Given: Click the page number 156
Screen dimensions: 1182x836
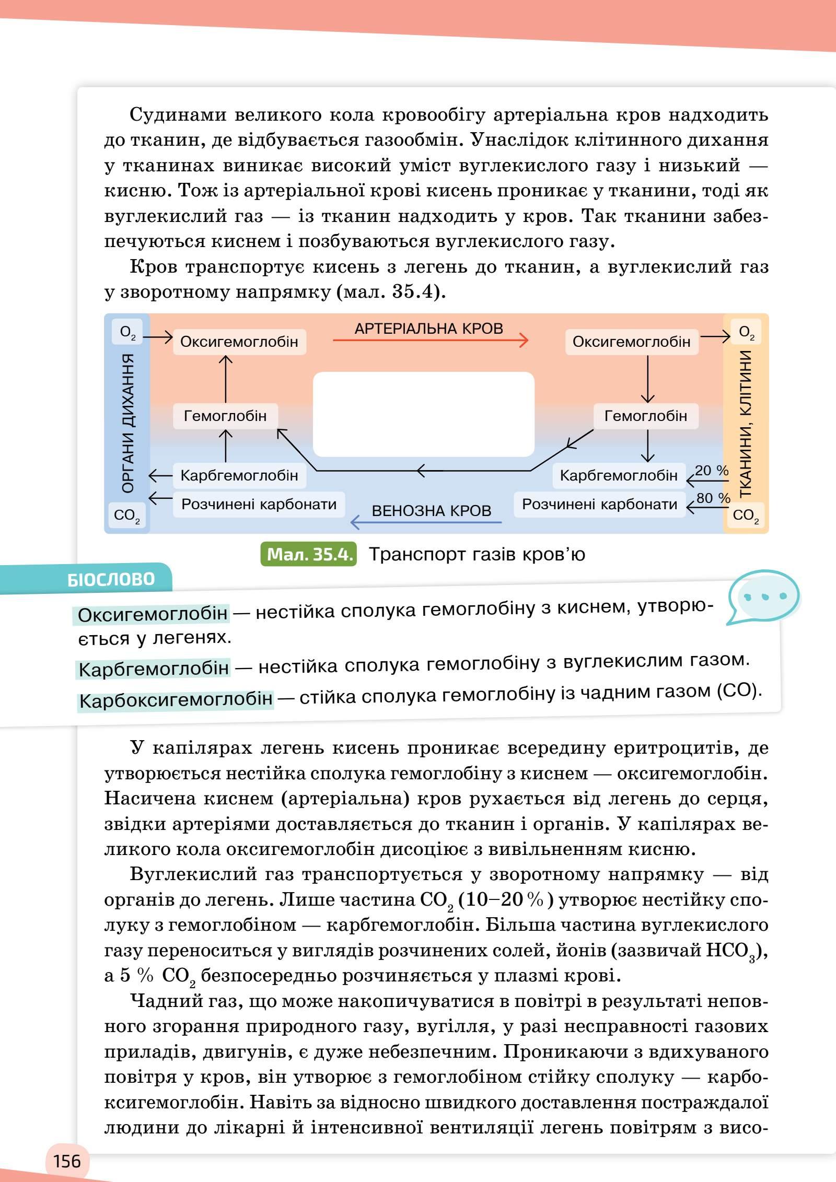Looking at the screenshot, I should point(67,1161).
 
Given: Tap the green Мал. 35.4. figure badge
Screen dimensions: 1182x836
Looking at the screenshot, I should point(308,554).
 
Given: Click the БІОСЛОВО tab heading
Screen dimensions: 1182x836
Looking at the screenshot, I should point(111,579).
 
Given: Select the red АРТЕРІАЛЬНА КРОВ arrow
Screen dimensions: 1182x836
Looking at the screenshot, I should point(430,341).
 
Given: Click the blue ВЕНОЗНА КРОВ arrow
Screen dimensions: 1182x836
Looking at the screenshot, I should point(426,522).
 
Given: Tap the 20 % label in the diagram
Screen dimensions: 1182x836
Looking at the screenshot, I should point(711,471).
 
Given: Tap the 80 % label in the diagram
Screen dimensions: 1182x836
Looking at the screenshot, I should point(713,498).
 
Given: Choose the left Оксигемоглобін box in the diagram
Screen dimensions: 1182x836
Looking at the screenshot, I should point(239,342).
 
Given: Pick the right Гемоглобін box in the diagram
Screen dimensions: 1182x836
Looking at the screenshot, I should point(645,416).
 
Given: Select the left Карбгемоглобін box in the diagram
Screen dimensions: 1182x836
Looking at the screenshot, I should point(239,475).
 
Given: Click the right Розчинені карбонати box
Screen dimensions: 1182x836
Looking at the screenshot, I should point(599,504).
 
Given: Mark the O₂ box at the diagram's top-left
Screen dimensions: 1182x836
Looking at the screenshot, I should point(127,332).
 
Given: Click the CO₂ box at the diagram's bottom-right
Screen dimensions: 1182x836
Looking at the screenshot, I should point(745,516).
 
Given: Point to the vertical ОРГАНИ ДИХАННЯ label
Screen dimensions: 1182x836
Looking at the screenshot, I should point(127,423).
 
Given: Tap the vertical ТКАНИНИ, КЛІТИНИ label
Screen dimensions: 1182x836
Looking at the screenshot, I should point(745,423).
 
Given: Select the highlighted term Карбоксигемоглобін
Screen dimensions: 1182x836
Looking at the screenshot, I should point(176,699).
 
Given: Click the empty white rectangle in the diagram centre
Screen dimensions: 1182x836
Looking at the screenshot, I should point(423,414).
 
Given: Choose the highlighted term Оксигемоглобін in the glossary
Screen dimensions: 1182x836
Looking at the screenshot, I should point(153,614).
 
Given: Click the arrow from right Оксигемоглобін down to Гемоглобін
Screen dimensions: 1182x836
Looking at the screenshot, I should point(647,379).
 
